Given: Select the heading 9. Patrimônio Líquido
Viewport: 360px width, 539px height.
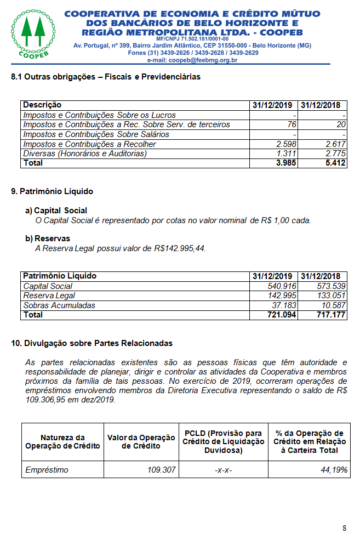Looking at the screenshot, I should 52,191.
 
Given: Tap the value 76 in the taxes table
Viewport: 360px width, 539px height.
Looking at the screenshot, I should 292,124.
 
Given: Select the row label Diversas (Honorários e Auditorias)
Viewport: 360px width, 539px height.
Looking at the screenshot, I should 85,154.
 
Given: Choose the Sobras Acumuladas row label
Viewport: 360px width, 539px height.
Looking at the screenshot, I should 59,305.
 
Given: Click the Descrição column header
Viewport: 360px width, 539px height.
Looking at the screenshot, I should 42,105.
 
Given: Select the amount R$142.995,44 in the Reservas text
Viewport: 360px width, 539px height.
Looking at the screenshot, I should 180,248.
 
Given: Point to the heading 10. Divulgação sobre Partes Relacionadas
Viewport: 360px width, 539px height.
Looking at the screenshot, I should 92,343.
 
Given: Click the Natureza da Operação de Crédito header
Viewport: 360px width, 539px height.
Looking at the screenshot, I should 63,441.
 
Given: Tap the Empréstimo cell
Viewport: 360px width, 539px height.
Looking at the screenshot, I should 47,470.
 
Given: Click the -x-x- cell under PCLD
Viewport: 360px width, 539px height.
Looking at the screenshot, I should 223,470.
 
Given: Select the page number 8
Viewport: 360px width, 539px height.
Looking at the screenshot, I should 344,528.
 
